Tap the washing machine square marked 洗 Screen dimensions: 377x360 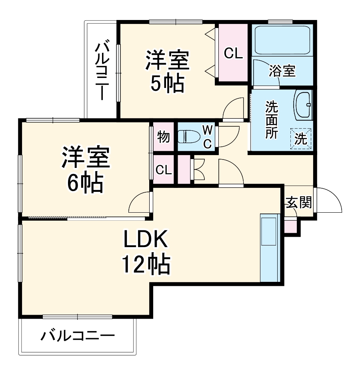click(x=300, y=138)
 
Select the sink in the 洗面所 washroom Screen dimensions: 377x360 click(x=303, y=105)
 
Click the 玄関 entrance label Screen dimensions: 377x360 click(x=298, y=203)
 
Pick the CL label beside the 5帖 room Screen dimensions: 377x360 click(x=233, y=54)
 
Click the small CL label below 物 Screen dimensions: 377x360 click(x=164, y=170)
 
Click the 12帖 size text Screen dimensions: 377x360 click(x=146, y=264)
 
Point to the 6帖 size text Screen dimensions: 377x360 click(x=85, y=183)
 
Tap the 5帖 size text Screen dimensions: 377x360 click(x=167, y=83)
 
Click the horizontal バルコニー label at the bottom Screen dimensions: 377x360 click(x=78, y=335)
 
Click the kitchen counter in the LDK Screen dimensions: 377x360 click(x=270, y=248)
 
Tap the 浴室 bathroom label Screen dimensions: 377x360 click(x=282, y=71)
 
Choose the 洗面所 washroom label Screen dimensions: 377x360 click(x=273, y=120)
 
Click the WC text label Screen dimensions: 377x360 click(x=208, y=137)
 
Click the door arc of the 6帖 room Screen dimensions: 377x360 click(x=140, y=202)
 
